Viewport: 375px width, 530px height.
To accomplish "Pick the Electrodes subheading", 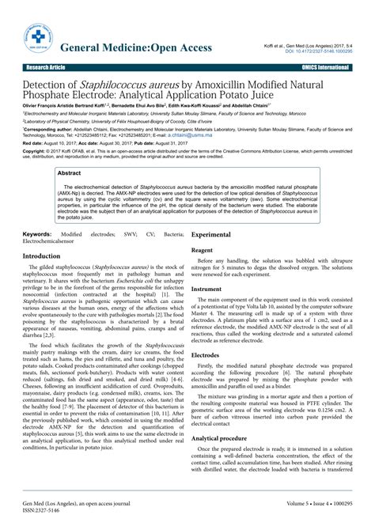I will point(207,356).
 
